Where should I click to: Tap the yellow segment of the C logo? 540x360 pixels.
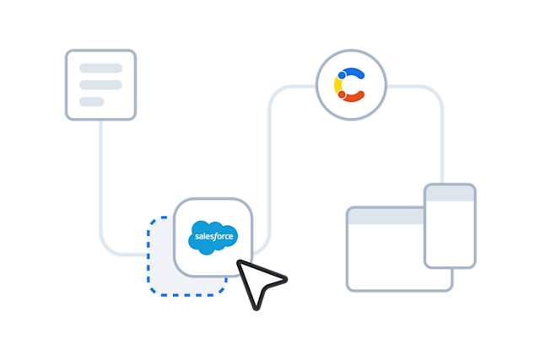tap(337, 85)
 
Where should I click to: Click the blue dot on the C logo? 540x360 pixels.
tap(342, 74)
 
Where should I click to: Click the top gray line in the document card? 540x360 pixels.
tap(100, 67)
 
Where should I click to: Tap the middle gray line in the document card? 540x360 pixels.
tap(100, 84)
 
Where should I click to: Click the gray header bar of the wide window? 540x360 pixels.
tap(385, 217)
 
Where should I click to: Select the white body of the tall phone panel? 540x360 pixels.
tap(449, 232)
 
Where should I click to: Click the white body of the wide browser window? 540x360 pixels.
tap(385, 257)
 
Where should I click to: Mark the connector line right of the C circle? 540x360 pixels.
tap(413, 85)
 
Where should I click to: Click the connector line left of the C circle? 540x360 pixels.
tap(291, 85)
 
